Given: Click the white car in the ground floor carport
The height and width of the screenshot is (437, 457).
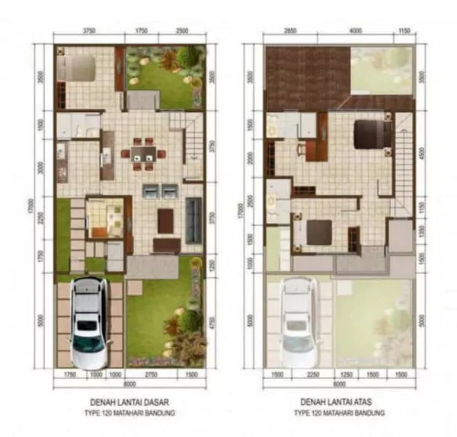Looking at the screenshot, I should tap(88, 321).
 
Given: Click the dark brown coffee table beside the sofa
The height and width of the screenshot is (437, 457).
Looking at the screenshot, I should tap(165, 220).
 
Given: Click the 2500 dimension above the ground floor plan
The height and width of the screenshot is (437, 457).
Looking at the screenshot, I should tap(182, 32).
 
